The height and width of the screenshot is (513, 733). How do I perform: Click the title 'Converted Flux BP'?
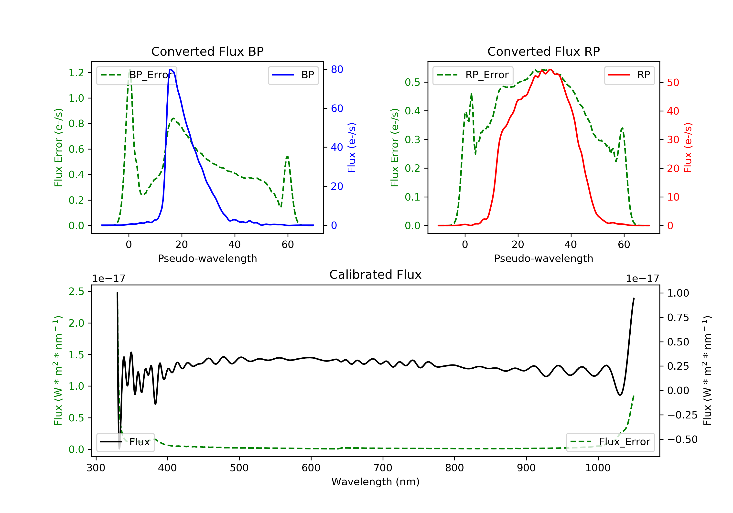pos(207,51)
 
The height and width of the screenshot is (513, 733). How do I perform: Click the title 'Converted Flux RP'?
pos(543,51)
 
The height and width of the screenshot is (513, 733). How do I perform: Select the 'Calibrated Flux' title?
pos(376,275)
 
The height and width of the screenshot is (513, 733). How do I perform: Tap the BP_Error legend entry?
pos(137,75)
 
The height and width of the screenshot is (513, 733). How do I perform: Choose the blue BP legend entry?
pos(293,75)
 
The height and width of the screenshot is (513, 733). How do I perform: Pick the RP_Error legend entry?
pos(473,75)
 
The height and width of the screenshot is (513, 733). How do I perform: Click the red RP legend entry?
pos(629,75)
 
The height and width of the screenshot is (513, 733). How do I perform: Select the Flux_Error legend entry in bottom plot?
pos(610,442)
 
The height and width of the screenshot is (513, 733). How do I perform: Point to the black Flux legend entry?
pos(125,442)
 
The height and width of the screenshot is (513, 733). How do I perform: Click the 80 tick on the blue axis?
pos(337,69)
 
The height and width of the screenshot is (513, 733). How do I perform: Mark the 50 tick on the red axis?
pos(673,82)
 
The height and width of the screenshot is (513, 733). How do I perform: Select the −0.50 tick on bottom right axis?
pos(682,439)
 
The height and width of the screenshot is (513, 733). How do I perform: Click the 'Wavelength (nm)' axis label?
pos(376,482)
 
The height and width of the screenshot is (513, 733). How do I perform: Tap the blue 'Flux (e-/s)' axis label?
pos(352,148)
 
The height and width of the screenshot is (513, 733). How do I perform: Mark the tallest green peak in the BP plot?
pos(129,69)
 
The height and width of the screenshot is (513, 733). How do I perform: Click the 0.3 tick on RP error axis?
pos(412,139)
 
